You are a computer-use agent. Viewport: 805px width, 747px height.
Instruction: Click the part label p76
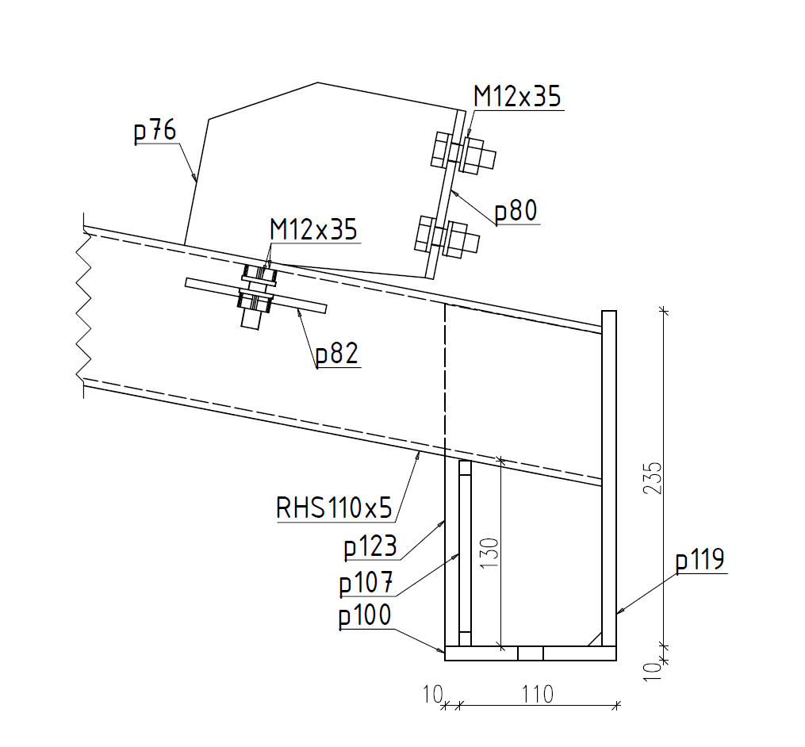coord(155,131)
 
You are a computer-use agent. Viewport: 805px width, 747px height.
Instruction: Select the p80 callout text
coord(516,211)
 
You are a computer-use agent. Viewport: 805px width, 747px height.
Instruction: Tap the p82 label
coord(337,354)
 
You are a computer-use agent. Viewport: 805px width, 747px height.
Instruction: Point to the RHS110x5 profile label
coord(334,508)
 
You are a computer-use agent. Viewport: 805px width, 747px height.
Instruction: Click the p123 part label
coord(370,546)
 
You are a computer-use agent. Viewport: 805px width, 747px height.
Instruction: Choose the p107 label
coord(366,583)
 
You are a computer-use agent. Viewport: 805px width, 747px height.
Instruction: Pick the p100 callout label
coord(365,615)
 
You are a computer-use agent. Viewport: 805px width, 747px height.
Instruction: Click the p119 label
coord(700,560)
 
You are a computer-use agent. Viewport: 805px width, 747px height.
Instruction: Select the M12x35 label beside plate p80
coord(517,96)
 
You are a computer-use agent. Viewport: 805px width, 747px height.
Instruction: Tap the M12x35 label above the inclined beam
coord(313,229)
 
